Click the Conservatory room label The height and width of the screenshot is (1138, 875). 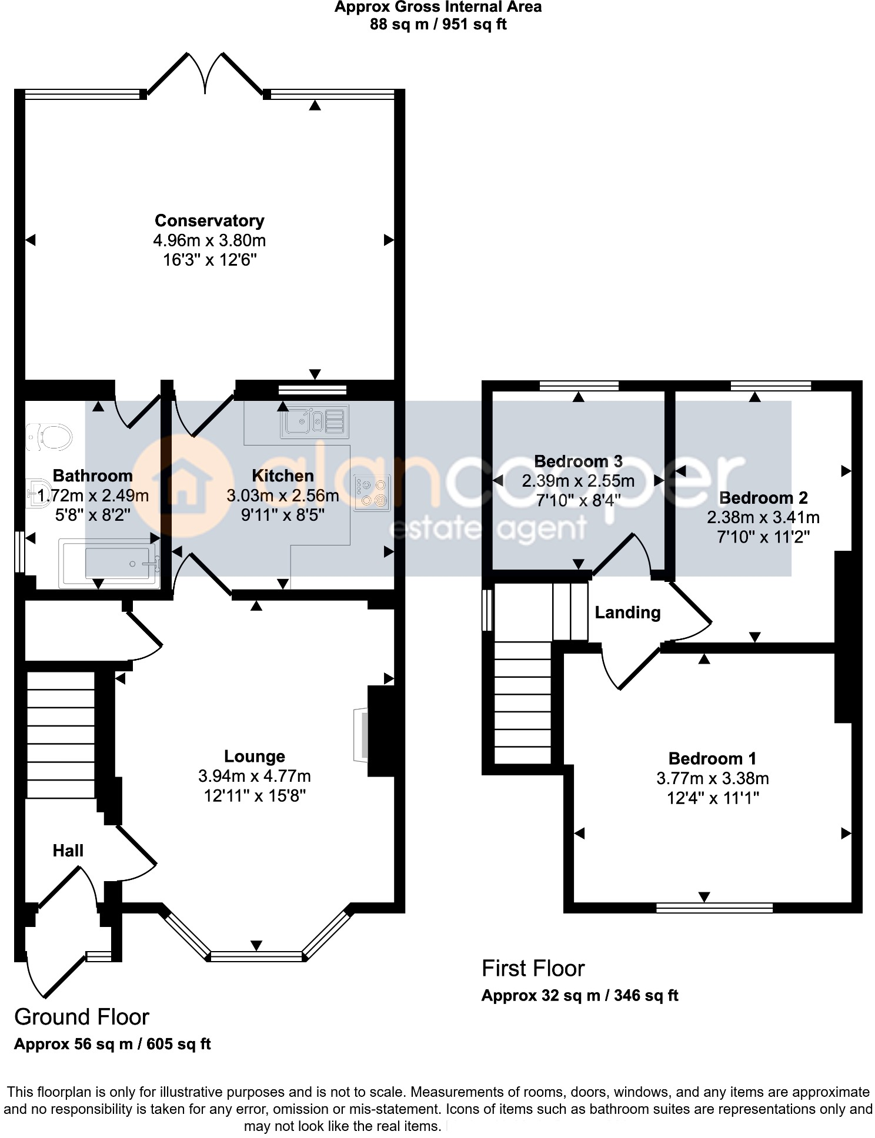click(x=209, y=220)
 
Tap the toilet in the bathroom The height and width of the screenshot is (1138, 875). click(x=51, y=437)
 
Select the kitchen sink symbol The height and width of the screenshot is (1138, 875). click(x=315, y=421)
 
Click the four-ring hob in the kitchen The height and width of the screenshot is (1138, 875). click(x=372, y=493)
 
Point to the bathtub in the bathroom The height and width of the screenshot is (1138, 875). click(x=109, y=564)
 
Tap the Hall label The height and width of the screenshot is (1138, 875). click(x=68, y=851)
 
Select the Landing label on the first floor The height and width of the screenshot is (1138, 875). click(x=627, y=612)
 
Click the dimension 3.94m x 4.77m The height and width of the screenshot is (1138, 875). click(x=254, y=776)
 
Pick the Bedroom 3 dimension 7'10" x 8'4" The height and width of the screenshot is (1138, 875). click(x=578, y=500)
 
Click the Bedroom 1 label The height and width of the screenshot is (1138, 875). click(x=712, y=758)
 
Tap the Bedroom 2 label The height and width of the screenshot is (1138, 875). click(x=763, y=498)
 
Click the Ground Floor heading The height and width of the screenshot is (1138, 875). click(x=82, y=1016)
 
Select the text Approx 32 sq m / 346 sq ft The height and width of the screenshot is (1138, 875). click(x=580, y=995)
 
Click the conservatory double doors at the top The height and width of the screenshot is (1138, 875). click(x=205, y=73)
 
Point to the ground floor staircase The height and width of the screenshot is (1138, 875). click(x=61, y=735)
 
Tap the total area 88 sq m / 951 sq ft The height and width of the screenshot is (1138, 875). click(x=437, y=24)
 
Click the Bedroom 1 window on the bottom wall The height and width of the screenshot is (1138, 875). click(x=714, y=908)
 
